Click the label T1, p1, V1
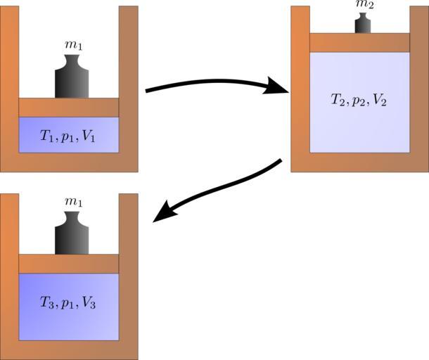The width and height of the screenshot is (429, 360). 68,138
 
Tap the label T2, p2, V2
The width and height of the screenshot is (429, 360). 359,100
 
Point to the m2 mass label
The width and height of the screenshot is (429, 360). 363,5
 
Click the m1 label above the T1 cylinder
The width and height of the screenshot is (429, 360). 72,47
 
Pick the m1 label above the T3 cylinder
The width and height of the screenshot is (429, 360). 72,202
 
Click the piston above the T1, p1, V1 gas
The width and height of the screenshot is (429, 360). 68,107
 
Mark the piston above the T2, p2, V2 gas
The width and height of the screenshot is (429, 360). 359,42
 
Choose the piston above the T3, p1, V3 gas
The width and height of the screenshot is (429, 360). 68,263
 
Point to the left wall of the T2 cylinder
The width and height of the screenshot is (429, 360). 300,84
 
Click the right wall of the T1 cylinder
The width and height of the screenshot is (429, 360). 128,84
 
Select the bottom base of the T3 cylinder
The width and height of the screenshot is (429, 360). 68,350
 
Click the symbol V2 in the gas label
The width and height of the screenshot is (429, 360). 380,100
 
